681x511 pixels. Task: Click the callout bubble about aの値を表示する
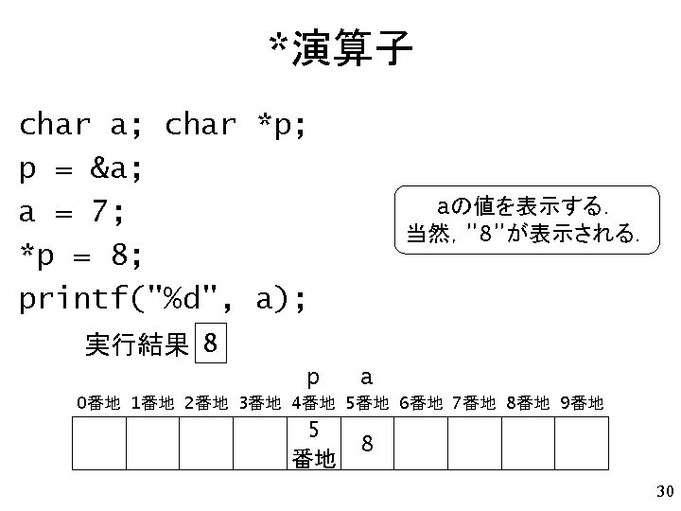[x=522, y=220]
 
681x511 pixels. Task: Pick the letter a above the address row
[x=366, y=377]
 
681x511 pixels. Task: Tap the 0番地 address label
[x=98, y=404]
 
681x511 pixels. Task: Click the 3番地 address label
[x=259, y=404]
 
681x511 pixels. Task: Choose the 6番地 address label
[x=420, y=404]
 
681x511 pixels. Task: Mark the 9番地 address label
[x=581, y=404]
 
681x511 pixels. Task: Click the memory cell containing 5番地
[x=313, y=443]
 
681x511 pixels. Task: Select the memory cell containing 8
[x=367, y=443]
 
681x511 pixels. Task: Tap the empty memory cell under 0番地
[x=99, y=443]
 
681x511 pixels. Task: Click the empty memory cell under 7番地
[x=474, y=443]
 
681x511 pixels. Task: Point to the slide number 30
[x=662, y=491]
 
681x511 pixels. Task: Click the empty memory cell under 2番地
[x=206, y=443]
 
